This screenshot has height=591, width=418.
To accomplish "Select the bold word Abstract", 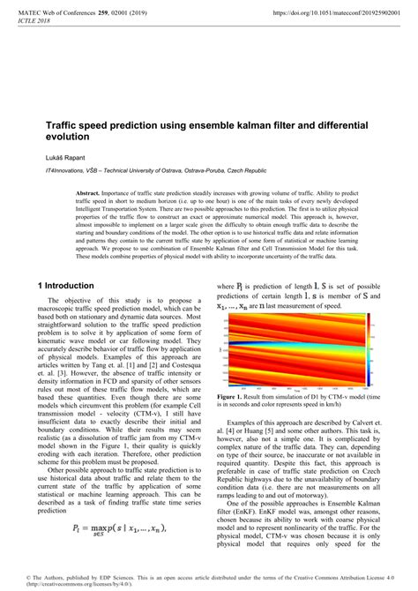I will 87,191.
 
